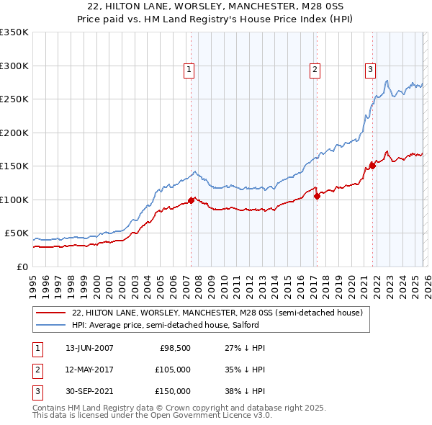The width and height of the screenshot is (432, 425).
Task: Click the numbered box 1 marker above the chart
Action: coord(189,70)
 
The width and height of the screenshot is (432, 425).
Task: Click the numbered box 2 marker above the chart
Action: coord(315,70)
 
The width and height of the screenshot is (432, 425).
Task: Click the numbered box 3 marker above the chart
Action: coord(370,70)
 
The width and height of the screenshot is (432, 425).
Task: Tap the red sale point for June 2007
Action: coord(191,200)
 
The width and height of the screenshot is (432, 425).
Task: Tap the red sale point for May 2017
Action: coord(317,196)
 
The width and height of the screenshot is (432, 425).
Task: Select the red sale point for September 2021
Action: coord(372,166)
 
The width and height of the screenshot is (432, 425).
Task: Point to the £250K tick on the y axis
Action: coord(14,99)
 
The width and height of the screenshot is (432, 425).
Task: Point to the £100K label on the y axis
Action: coord(14,200)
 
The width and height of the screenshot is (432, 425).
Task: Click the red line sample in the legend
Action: coord(50,313)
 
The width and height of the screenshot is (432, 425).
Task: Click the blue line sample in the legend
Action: coord(50,325)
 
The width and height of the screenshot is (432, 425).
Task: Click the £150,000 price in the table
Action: coord(172,391)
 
